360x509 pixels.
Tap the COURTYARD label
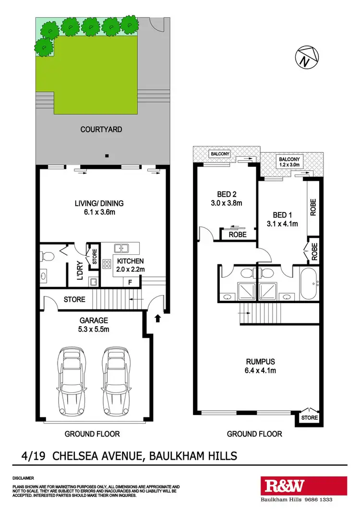pos(101,130)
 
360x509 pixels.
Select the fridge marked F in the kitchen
pos(130,283)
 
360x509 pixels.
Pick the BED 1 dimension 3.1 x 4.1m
pos(282,223)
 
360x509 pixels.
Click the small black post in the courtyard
pos(108,155)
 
